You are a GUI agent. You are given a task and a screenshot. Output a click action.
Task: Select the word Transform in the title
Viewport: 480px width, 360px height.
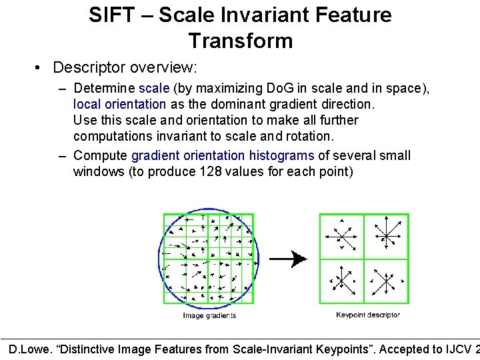click(240, 41)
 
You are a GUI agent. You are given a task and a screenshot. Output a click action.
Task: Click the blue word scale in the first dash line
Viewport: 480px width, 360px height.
click(154, 88)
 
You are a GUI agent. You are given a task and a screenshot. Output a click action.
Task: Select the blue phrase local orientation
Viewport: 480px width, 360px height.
click(119, 104)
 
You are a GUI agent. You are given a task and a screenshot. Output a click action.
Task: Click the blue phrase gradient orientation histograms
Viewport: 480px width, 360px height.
click(223, 155)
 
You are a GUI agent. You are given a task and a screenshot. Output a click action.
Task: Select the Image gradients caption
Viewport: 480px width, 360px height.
click(209, 316)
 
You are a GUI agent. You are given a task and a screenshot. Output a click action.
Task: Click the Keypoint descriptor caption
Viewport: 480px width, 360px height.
click(368, 315)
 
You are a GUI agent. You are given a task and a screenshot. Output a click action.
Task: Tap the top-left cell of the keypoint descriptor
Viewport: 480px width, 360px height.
click(342, 236)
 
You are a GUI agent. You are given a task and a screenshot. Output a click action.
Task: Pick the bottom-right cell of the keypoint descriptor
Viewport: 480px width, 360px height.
click(386, 281)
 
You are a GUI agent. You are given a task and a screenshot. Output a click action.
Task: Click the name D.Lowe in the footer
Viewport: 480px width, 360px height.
click(29, 349)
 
